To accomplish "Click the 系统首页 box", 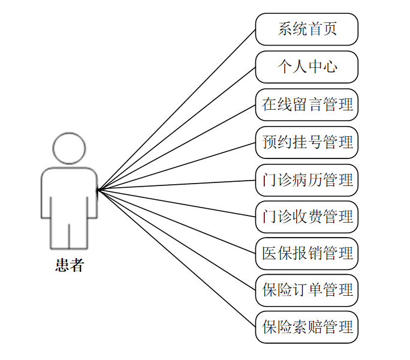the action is point(306,29).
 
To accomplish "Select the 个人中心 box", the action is point(306,67).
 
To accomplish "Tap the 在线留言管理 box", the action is point(306,104).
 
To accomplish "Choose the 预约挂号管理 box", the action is point(306,142).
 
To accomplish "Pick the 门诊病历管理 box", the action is point(306,179).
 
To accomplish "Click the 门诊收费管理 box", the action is point(306,217).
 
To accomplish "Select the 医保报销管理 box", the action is point(306,253).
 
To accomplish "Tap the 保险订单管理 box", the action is point(306,290).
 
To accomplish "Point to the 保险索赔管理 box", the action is point(306,328).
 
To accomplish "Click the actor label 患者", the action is point(69,265).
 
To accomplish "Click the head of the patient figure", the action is point(69,148).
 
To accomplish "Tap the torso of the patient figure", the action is point(69,192).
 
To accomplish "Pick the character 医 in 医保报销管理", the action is point(269,253).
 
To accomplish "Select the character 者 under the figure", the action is point(76,265).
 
